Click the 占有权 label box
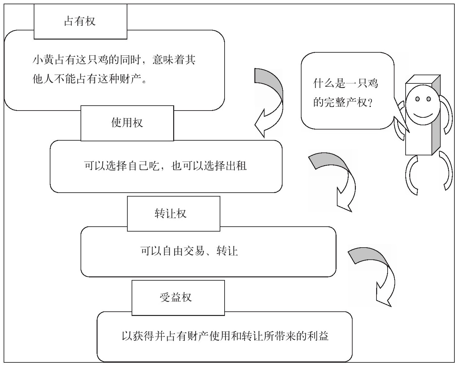[80, 22]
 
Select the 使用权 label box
[127, 123]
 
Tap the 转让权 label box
[173, 214]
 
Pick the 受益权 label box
[178, 297]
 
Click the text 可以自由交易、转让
[189, 251]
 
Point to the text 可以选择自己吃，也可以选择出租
[165, 166]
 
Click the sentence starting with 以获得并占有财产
[225, 336]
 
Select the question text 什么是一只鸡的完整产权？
[345, 93]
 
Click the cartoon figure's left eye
[417, 99]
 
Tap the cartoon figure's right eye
[428, 99]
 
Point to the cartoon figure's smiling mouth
[423, 114]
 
